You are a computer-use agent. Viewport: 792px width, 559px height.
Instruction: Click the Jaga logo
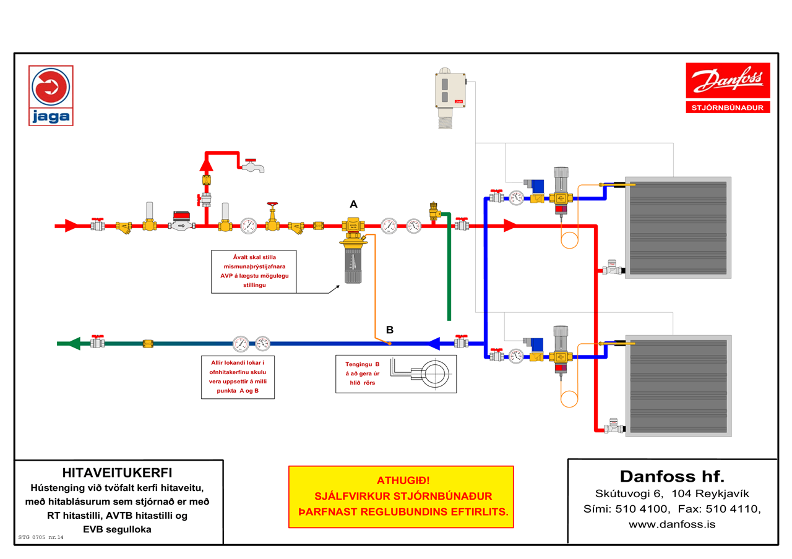51,95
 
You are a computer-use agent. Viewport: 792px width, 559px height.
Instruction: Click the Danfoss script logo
728,80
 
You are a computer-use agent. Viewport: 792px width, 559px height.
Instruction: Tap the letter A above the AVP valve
353,204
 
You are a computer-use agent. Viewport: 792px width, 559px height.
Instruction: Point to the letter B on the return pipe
390,330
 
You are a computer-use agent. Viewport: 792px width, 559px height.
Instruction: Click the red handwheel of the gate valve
272,204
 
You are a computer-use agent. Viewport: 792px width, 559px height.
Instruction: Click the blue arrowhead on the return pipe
434,343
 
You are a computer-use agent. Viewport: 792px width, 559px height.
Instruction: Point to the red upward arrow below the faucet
207,164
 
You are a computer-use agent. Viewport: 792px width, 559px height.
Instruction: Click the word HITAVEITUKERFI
117,473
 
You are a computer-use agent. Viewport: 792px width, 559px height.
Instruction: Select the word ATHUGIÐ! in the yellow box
403,480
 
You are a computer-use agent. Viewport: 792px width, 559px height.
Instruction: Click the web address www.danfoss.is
672,524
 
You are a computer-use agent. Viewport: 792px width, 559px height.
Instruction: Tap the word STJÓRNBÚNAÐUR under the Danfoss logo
728,108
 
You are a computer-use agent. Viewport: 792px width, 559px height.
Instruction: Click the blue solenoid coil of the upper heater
536,187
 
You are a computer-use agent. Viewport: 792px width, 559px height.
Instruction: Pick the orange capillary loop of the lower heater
569,399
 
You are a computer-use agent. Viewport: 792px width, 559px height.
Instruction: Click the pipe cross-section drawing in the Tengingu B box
421,373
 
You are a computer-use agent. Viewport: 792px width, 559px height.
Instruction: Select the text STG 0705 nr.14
41,537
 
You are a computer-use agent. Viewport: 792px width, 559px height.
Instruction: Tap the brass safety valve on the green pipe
434,211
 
